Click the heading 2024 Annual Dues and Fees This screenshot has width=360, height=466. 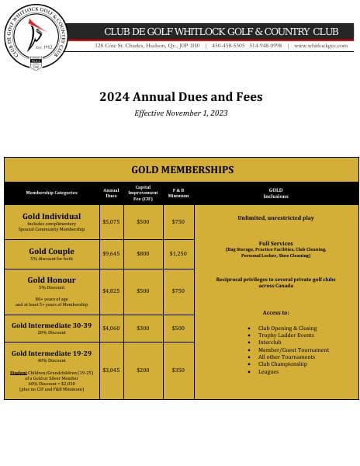point(181,97)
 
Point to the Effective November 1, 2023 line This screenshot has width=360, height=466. point(181,113)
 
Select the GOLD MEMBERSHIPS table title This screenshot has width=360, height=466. point(182,169)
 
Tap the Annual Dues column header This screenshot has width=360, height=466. point(111,192)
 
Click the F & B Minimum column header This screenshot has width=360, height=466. point(178,192)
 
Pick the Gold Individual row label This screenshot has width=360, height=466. point(51,217)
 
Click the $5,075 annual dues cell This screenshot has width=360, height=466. point(111,221)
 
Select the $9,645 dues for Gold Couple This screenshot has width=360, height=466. point(111,253)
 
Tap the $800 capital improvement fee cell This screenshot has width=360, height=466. point(143,253)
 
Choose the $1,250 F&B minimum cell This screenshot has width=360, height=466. point(178,253)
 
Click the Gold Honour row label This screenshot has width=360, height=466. point(51,280)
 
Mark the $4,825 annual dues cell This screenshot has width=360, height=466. point(111,290)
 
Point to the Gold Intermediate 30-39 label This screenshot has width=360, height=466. point(51,325)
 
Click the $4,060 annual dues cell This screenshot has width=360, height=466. point(111,328)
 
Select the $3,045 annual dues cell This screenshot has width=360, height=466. point(111,370)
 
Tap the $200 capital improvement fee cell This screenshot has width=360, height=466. point(143,370)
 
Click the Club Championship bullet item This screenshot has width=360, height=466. point(282,364)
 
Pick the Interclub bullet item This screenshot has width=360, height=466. point(270,343)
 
